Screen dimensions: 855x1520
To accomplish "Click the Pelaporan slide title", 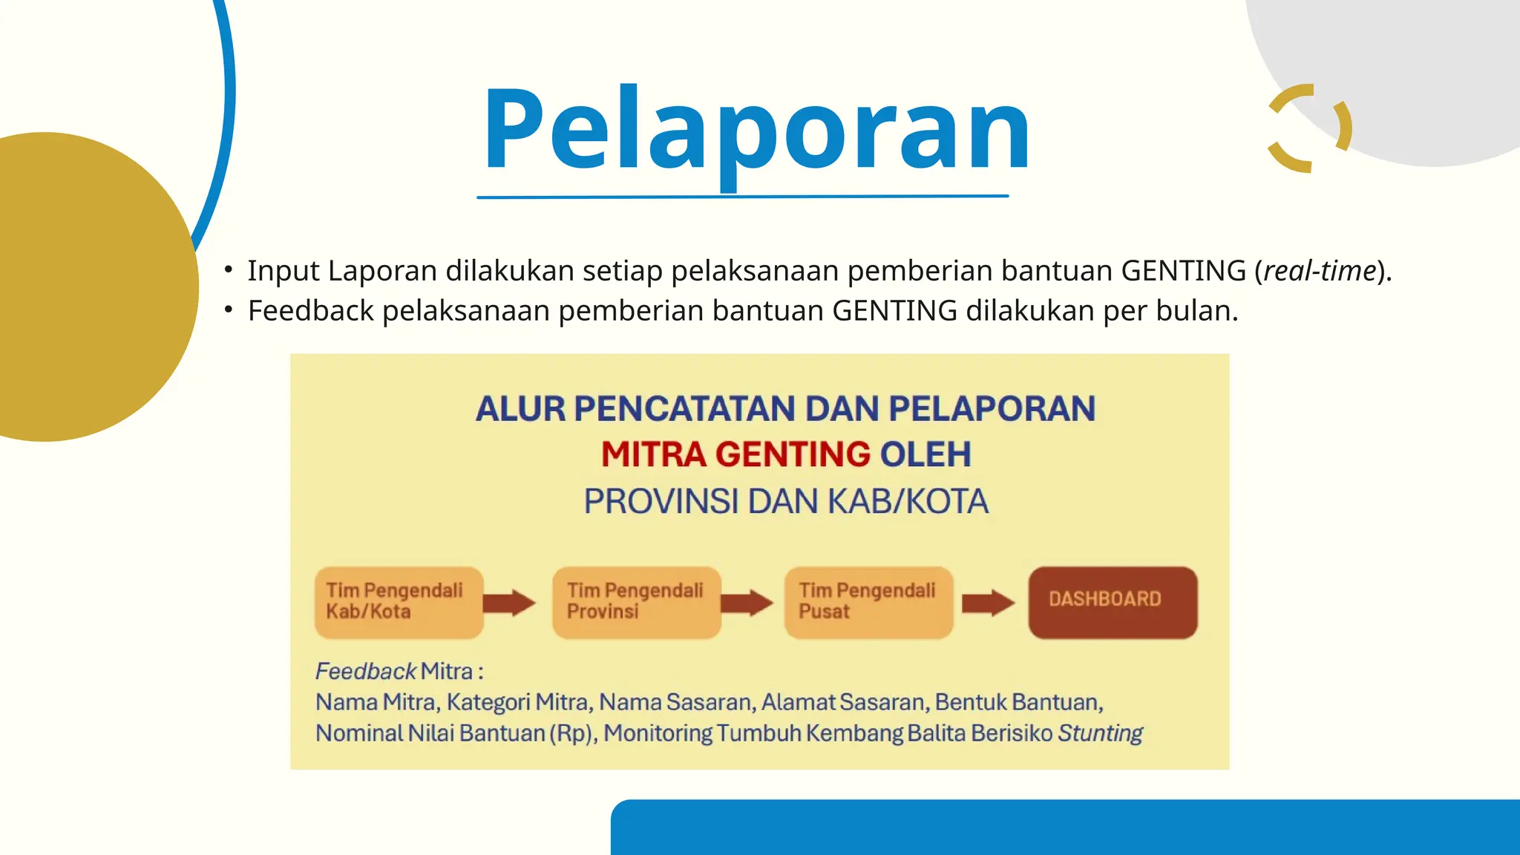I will pyautogui.click(x=756, y=131).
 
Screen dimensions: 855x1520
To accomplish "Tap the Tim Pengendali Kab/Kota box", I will pyautogui.click(x=399, y=602).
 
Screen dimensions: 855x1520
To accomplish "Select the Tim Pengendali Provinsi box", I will pyautogui.click(x=636, y=602).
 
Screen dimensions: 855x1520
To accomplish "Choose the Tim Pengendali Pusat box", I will pyautogui.click(x=868, y=602).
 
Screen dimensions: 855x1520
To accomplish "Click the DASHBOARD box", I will pyautogui.click(x=1112, y=602).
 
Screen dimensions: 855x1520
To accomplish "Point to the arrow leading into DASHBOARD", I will pyautogui.click(x=987, y=603).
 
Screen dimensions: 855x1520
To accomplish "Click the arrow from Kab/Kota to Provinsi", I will pyautogui.click(x=509, y=603).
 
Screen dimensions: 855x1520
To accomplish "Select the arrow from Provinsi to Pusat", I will pyautogui.click(x=747, y=603).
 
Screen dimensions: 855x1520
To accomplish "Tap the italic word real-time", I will pyautogui.click(x=1320, y=271).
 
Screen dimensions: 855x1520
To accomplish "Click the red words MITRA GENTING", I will pyautogui.click(x=735, y=454).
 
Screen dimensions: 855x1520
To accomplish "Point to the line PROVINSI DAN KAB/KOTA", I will pyautogui.click(x=785, y=502).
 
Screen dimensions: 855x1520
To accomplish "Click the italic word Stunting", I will pyautogui.click(x=1100, y=733).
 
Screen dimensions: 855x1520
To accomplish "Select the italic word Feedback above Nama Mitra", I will pyautogui.click(x=365, y=671).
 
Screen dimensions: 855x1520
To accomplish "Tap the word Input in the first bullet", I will pyautogui.click(x=283, y=271).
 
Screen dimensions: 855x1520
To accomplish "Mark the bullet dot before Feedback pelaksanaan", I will pyautogui.click(x=229, y=309).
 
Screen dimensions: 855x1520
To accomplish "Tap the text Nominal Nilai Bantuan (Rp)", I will pyautogui.click(x=454, y=733).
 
